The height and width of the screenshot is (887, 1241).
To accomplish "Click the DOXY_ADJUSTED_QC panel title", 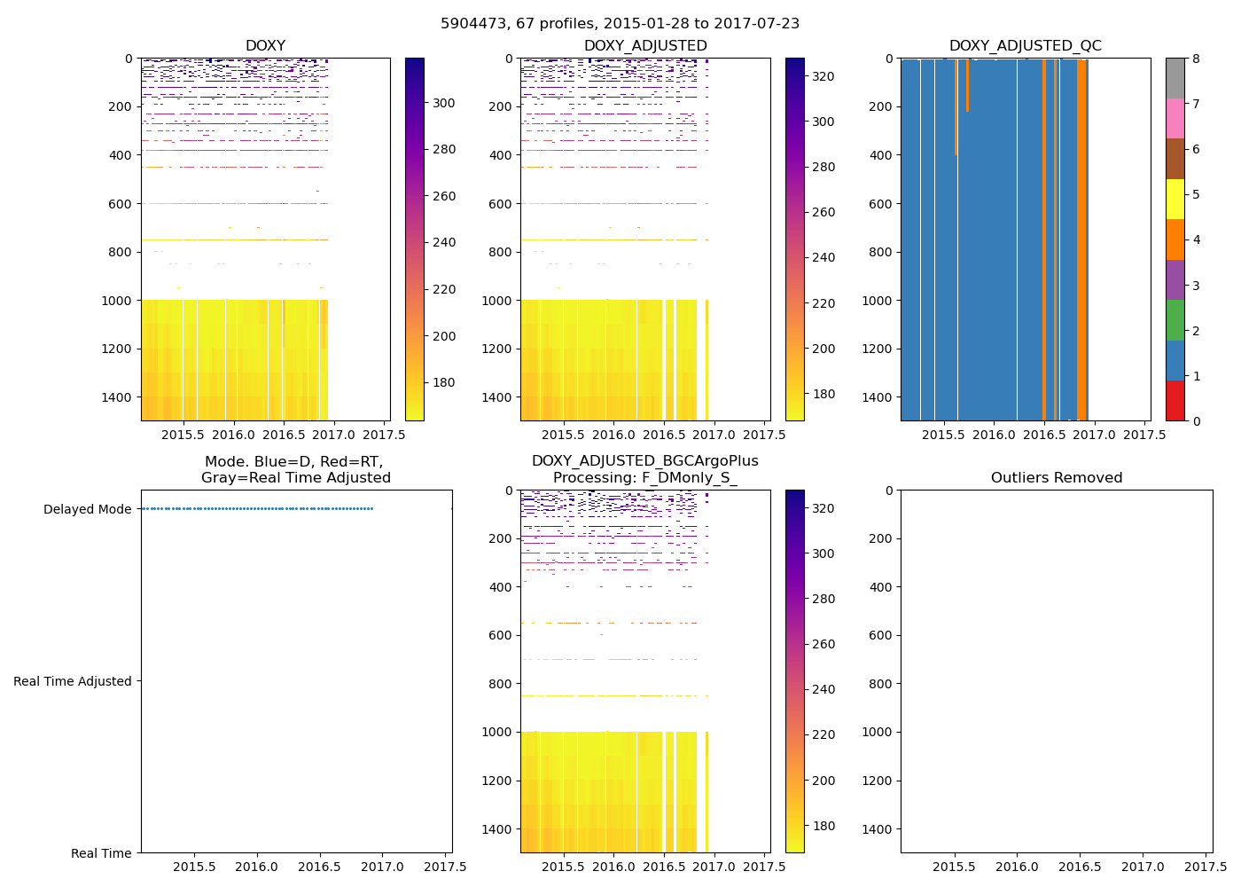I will tap(1025, 46).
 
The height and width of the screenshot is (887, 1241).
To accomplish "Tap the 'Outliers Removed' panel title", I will tap(1056, 478).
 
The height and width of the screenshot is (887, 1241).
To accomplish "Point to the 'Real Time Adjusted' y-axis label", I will tap(73, 681).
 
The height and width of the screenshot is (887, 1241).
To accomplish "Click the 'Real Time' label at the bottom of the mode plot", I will tap(101, 853).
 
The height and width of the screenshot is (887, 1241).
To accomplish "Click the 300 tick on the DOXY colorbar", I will tap(444, 103).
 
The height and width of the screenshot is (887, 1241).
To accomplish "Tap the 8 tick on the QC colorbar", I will tap(1196, 59).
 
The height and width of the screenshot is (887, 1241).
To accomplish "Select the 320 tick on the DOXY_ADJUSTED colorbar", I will tap(823, 76).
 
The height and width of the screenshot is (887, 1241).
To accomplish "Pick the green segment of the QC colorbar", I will tap(1175, 320).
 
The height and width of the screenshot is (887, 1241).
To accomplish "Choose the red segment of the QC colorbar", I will tap(1175, 401).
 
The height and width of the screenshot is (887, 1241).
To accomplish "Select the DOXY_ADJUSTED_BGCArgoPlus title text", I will tap(644, 461).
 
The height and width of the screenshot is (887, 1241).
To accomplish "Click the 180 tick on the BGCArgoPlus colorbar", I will tap(823, 826).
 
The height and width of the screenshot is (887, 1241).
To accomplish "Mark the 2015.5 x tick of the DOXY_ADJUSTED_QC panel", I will tap(943, 435).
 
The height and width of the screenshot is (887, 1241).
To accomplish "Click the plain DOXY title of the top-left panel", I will tap(265, 46).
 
